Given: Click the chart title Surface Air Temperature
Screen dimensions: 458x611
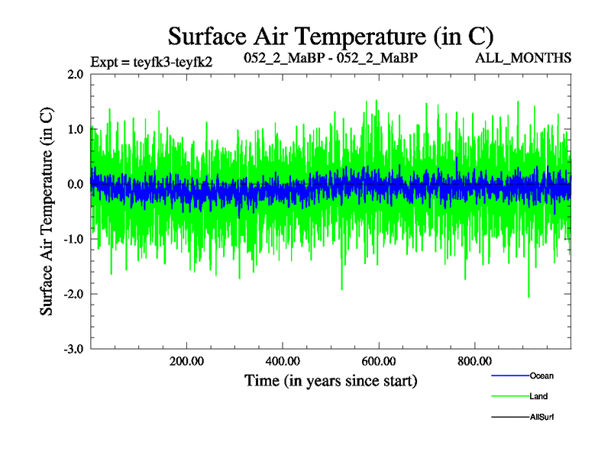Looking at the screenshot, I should [x=331, y=36].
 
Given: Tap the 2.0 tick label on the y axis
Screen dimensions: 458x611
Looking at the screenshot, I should [x=75, y=75].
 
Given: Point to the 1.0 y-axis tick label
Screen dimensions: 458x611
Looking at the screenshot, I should [x=75, y=129].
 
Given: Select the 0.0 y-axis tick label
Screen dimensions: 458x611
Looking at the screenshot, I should [x=75, y=184].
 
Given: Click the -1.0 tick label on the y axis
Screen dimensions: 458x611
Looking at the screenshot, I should [x=73, y=239].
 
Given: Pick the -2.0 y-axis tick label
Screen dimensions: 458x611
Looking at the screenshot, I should [x=73, y=294].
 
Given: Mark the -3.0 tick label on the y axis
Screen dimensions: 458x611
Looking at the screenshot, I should [x=73, y=349].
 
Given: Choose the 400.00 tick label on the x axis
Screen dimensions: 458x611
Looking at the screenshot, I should [x=283, y=361].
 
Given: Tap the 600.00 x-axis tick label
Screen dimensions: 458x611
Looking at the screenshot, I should [x=379, y=361].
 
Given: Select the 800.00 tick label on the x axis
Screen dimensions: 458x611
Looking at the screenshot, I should [x=474, y=361].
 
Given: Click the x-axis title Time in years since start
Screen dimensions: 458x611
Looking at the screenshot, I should [x=331, y=379].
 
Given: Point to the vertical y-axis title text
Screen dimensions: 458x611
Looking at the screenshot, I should [x=47, y=211].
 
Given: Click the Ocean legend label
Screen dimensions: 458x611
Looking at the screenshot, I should [x=541, y=376].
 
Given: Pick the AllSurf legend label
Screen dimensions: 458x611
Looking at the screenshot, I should [x=541, y=417].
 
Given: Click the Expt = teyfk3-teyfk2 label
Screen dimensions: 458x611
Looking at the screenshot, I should [x=151, y=62].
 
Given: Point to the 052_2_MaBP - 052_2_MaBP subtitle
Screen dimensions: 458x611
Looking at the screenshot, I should [x=331, y=58].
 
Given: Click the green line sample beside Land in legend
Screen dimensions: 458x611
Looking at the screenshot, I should [x=509, y=396].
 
